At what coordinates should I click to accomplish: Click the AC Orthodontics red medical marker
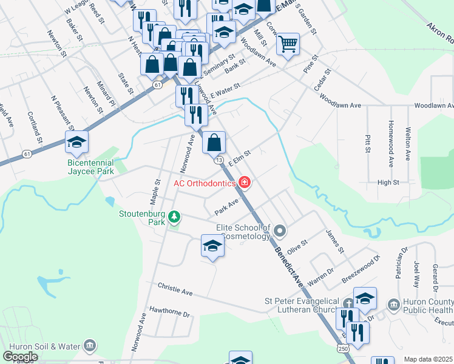click(x=245, y=182)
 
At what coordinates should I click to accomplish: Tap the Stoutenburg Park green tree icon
click(x=174, y=217)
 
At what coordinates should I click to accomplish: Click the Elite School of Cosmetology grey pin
click(x=279, y=231)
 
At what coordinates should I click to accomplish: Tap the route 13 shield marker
click(x=219, y=160)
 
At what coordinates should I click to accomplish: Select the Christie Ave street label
click(x=175, y=289)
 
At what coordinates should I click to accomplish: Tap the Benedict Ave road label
click(x=289, y=268)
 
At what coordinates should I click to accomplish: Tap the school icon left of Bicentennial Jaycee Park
click(x=77, y=143)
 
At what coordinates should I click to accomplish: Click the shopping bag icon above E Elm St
click(x=214, y=143)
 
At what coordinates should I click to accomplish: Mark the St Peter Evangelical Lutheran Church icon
click(x=348, y=303)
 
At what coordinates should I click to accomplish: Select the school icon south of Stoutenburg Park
click(x=212, y=246)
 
